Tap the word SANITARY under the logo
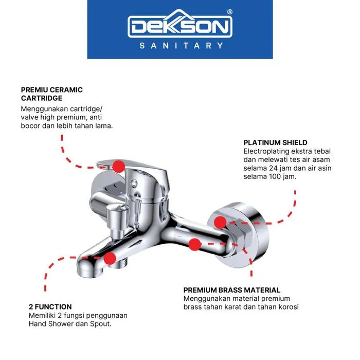click(181, 46)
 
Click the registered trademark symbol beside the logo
click(229, 12)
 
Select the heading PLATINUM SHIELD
click(275, 142)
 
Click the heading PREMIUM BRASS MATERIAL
click(231, 290)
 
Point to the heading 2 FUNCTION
click(50, 307)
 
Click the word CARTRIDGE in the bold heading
click(42, 98)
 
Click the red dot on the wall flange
click(220, 222)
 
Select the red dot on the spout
click(110, 259)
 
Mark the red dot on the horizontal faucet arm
click(195, 244)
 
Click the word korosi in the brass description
click(289, 307)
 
